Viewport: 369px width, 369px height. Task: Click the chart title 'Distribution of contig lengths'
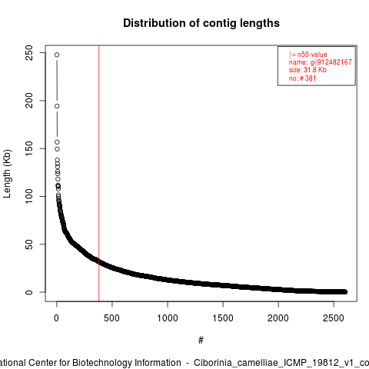(201, 23)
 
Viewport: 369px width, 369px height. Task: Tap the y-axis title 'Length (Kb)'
(7, 174)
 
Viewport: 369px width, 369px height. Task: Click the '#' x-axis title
(201, 341)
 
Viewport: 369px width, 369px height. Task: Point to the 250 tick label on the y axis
(29, 53)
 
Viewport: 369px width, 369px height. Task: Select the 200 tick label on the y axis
(29, 101)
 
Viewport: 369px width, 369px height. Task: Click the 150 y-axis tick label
(29, 148)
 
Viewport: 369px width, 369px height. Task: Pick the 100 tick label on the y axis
(29, 196)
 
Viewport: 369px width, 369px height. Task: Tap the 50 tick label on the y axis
(29, 244)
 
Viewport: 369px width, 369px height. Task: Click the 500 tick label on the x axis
(112, 318)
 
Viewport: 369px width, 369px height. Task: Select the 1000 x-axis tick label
(168, 318)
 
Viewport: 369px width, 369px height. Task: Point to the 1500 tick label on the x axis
(223, 318)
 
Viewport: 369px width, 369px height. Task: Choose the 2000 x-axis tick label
(278, 318)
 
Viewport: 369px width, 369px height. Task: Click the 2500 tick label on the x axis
(334, 318)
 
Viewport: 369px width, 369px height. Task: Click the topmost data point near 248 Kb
(57, 55)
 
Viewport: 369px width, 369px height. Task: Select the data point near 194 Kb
(57, 106)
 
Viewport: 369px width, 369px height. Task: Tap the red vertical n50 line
(99, 174)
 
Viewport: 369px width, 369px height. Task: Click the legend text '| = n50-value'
(308, 55)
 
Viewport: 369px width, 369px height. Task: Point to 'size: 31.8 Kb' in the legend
(307, 70)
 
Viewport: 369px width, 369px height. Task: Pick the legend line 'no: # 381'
(302, 78)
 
